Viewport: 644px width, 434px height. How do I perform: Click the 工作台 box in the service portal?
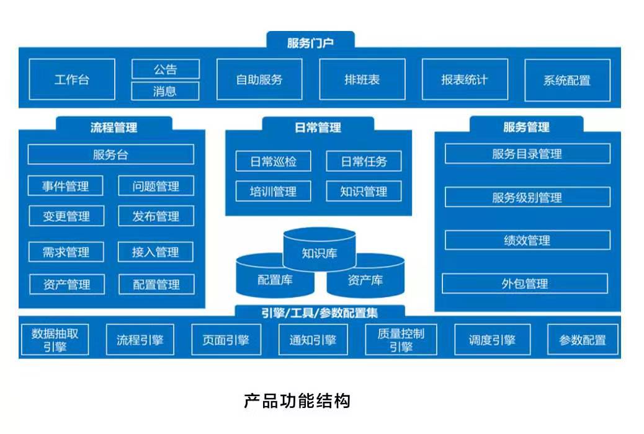tap(72, 80)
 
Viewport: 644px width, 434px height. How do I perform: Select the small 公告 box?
tap(165, 69)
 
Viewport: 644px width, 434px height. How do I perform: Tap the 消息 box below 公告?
tap(165, 91)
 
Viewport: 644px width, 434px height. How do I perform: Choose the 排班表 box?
tap(362, 80)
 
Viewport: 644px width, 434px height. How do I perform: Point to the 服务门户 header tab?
tap(310, 43)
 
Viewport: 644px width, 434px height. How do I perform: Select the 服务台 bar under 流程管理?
tap(111, 154)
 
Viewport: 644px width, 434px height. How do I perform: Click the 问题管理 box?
tap(156, 186)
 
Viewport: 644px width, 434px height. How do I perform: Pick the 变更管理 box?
tap(66, 216)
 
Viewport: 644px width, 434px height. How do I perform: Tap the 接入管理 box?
tap(156, 252)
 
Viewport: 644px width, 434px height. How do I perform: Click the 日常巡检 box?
tap(274, 162)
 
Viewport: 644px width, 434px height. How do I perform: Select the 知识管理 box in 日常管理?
tap(364, 192)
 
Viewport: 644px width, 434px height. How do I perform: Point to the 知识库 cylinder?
tap(320, 251)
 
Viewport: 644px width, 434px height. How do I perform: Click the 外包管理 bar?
tap(525, 284)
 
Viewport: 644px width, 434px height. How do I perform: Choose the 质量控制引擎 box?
tap(401, 340)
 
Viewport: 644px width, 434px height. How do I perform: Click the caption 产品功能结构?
tap(297, 401)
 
